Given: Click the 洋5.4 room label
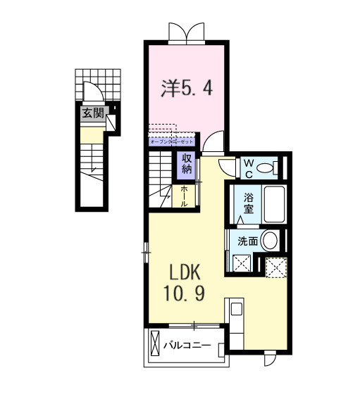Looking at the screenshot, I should pos(187,89).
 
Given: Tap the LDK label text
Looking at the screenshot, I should pos(185,272).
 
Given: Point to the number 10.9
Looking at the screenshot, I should pos(185,292).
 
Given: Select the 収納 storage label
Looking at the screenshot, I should pos(187,164).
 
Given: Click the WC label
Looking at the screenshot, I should pos(248,167).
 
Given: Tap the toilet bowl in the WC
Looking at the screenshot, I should pos(266,167).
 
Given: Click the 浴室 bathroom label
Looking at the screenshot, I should pos(248,203).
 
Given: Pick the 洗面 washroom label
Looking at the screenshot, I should pos(247,241).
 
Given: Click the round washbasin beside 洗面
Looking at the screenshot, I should pos(269,240).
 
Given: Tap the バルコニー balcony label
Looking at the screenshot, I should pos(188,346).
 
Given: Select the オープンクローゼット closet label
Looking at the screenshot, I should pos(172,141).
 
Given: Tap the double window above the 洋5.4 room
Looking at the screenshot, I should pos(187,33).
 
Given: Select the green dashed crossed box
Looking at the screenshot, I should pos(275,267).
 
